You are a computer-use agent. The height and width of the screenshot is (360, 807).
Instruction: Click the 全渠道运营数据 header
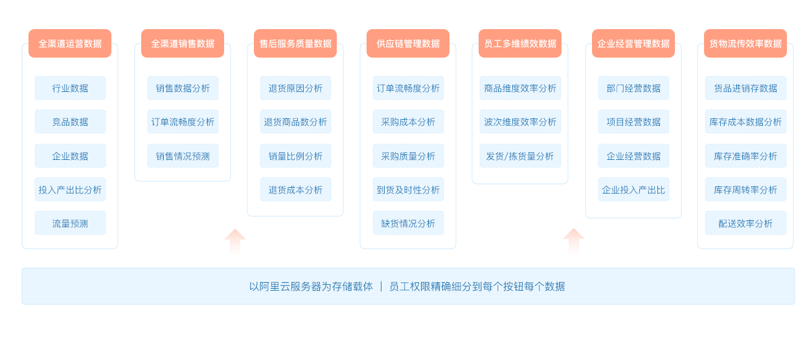pyautogui.click(x=70, y=43)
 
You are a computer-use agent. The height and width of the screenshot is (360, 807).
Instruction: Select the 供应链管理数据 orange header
pyautogui.click(x=408, y=43)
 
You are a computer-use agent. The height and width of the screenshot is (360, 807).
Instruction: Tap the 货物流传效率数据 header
pyautogui.click(x=745, y=43)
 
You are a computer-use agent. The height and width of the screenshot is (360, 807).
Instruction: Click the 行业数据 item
pyautogui.click(x=70, y=88)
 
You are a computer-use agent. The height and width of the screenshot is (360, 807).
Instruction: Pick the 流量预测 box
pyautogui.click(x=70, y=223)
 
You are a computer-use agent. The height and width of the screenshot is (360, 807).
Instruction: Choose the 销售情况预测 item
pyautogui.click(x=183, y=156)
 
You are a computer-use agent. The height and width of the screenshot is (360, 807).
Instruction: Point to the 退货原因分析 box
pyautogui.click(x=295, y=88)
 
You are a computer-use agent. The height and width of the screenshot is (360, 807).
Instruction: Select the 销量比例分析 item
pyautogui.click(x=295, y=156)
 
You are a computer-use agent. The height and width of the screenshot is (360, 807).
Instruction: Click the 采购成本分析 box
pyautogui.click(x=408, y=122)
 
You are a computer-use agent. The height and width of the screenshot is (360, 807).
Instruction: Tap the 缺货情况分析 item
pyautogui.click(x=408, y=223)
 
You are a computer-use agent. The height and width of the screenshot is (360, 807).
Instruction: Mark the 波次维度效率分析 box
pyautogui.click(x=520, y=122)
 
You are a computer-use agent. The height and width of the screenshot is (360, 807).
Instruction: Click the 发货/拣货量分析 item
pyautogui.click(x=520, y=156)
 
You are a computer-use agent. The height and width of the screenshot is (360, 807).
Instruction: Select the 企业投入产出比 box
pyautogui.click(x=633, y=190)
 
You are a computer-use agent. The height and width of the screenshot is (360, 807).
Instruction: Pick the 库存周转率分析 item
pyautogui.click(x=745, y=190)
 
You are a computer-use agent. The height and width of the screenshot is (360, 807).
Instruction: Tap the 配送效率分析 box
pyautogui.click(x=745, y=223)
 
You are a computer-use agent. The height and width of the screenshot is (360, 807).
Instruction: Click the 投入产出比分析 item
pyautogui.click(x=70, y=190)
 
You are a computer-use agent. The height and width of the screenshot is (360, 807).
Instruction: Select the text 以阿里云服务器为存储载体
pyautogui.click(x=311, y=286)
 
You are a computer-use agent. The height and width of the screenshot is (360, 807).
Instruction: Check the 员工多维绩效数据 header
pyautogui.click(x=520, y=43)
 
